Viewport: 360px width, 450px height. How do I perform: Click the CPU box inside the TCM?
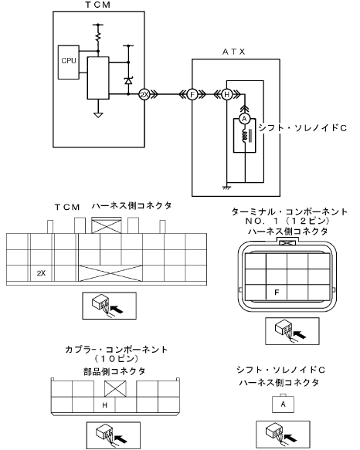click(69, 62)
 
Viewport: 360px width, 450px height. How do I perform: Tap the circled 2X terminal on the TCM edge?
click(144, 94)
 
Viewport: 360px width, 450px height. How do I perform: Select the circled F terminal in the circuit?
click(192, 94)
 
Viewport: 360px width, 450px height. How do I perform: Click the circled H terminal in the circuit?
click(226, 94)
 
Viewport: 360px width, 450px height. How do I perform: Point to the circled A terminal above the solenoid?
click(244, 119)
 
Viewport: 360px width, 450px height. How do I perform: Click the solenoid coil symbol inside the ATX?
click(244, 136)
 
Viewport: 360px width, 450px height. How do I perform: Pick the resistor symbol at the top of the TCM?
click(98, 36)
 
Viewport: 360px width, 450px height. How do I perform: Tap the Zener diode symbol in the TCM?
click(128, 80)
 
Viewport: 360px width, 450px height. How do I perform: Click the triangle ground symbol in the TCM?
click(98, 115)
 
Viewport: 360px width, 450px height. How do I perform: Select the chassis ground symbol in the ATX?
click(226, 188)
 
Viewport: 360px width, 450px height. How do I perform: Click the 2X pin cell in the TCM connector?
click(41, 273)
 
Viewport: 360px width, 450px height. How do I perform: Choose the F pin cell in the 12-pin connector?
click(277, 293)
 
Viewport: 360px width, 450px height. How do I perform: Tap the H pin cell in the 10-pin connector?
click(104, 405)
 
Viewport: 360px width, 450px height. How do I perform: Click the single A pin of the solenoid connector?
click(283, 404)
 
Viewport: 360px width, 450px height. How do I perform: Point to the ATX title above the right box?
click(234, 52)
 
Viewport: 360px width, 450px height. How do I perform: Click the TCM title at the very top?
click(97, 5)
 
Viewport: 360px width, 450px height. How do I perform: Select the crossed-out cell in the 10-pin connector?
click(115, 389)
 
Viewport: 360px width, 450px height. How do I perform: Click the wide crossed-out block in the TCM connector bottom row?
click(110, 273)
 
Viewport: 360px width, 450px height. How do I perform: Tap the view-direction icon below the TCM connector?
click(110, 306)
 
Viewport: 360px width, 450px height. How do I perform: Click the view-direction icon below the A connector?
click(283, 435)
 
